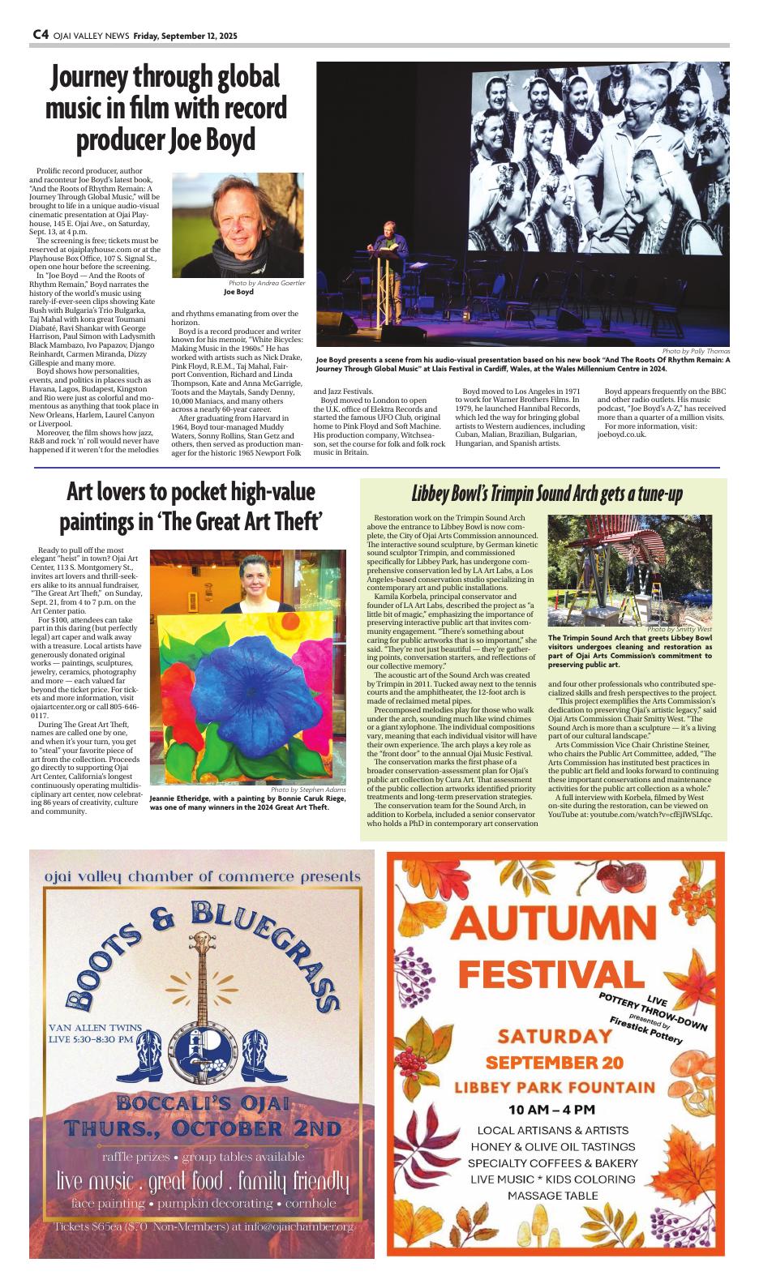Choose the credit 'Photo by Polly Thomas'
[695, 351]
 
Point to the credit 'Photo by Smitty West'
[680, 629]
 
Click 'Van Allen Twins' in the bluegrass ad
[90, 1027]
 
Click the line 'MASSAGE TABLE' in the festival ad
[553, 1196]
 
